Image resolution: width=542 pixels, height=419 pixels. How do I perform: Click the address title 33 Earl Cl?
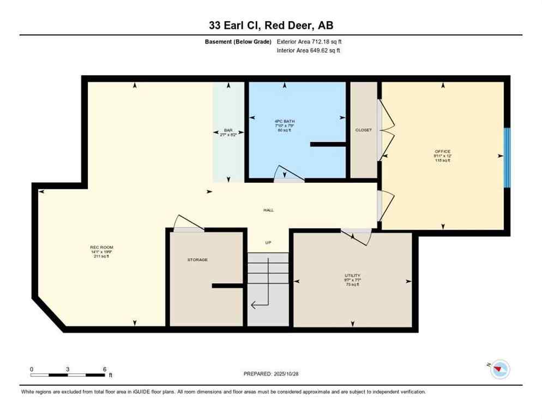270,26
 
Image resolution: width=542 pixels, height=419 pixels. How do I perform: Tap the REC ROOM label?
101,247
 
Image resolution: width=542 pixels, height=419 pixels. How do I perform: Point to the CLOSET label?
363,130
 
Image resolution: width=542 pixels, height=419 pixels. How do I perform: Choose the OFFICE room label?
442,151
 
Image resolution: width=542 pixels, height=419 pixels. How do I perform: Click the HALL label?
268,210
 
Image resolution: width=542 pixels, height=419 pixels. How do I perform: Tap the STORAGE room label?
197,260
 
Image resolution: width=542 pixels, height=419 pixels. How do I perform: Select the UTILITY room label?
352,276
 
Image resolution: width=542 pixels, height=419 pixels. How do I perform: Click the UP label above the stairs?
268,243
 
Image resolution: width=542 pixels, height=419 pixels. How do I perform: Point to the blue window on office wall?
507,158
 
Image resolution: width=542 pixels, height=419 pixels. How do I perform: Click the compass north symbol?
499,370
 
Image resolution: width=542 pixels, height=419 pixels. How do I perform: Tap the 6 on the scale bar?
104,369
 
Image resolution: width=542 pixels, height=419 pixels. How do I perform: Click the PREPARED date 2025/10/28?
270,374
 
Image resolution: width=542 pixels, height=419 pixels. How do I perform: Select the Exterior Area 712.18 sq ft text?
309,41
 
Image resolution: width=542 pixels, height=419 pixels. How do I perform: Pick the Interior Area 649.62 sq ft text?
309,51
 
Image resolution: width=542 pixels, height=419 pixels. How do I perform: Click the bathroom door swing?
288,173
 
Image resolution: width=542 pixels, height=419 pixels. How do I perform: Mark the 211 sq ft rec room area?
101,256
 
